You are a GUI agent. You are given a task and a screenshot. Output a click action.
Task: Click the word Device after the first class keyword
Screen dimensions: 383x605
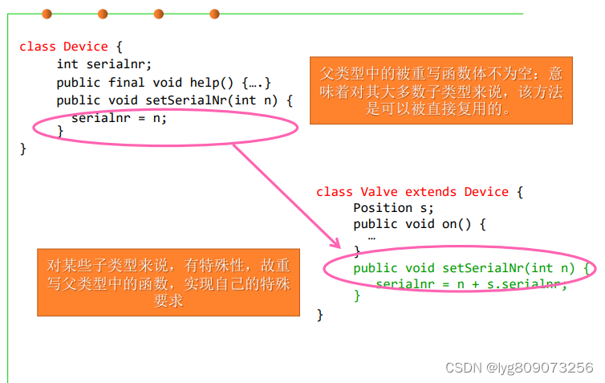[86, 47]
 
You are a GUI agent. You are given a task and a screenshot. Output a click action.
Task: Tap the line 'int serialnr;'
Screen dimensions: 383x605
[104, 64]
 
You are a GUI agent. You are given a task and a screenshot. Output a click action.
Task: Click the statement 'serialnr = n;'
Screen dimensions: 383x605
[119, 118]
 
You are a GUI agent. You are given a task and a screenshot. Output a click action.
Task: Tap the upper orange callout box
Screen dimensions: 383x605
[441, 90]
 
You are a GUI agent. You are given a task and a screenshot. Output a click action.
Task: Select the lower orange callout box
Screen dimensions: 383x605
[169, 283]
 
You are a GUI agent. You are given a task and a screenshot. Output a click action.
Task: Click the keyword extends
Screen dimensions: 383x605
[432, 192]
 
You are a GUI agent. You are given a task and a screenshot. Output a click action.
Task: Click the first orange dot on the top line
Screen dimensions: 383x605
[47, 14]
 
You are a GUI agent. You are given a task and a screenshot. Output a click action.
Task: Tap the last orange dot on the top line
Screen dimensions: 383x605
[214, 14]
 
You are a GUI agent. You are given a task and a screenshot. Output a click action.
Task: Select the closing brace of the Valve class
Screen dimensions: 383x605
[320, 314]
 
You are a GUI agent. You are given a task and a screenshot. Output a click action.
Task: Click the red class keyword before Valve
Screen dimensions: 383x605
[335, 192]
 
